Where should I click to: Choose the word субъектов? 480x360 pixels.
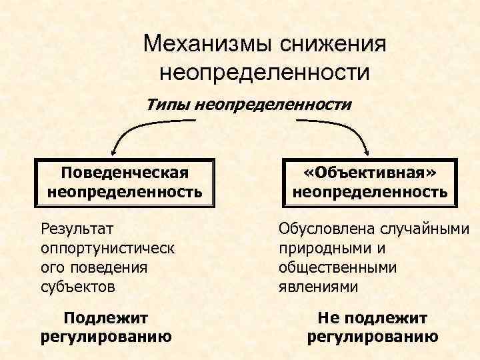point(78,287)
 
